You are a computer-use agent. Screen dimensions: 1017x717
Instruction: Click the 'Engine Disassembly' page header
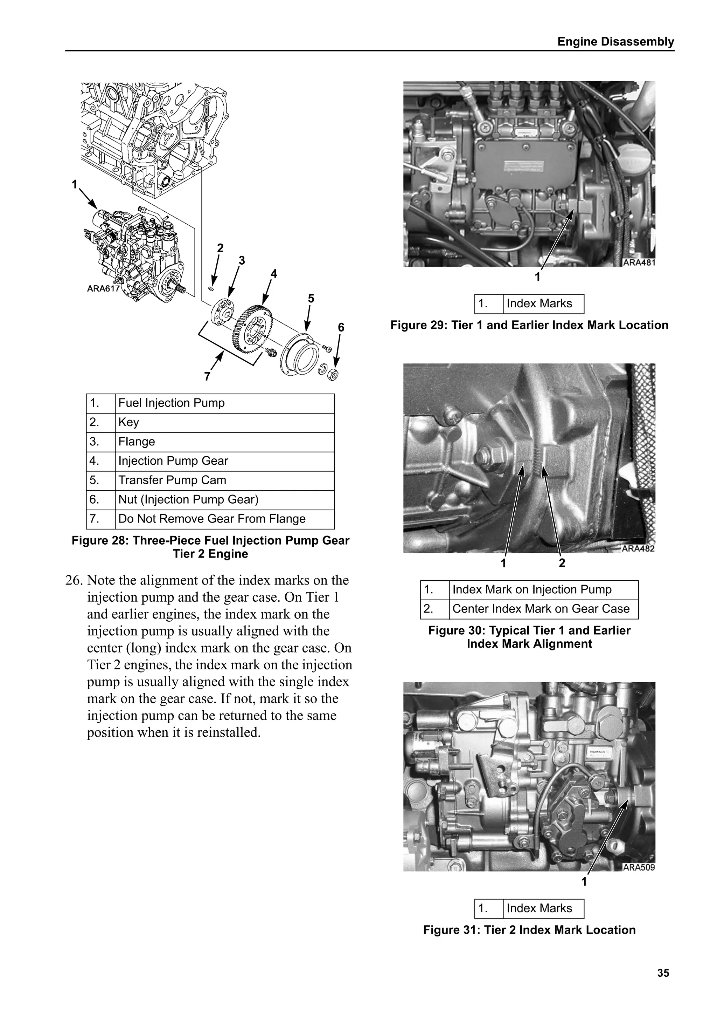point(615,42)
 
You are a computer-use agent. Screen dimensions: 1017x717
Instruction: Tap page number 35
point(663,973)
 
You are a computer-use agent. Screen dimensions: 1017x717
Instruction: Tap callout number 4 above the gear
point(274,274)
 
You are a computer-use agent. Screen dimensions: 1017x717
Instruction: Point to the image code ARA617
point(103,289)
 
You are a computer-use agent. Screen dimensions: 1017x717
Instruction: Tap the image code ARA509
point(638,867)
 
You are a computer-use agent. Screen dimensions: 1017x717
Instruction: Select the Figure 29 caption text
point(529,325)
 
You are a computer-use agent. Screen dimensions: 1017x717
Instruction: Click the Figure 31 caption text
point(529,930)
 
